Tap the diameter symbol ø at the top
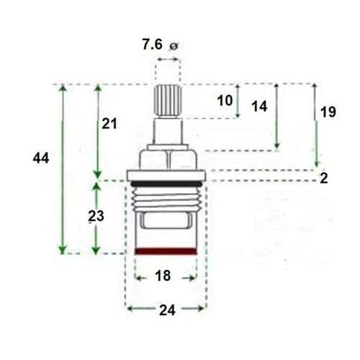pyautogui.click(x=173, y=47)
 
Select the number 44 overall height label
pyautogui.click(x=41, y=158)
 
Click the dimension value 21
pyautogui.click(x=109, y=124)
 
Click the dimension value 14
pyautogui.click(x=259, y=107)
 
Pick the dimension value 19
pyautogui.click(x=328, y=112)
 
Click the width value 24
pyautogui.click(x=166, y=310)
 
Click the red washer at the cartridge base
pyautogui.click(x=166, y=251)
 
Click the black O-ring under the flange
pyautogui.click(x=166, y=183)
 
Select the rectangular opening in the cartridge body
pyautogui.click(x=166, y=221)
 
